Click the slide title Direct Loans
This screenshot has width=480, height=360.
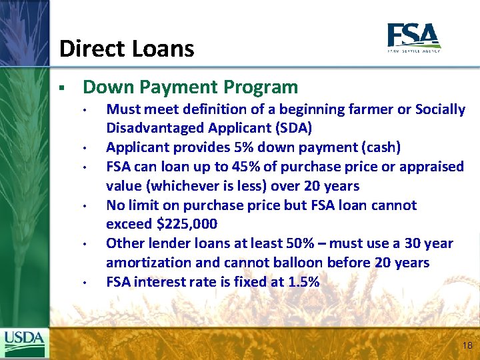(127, 49)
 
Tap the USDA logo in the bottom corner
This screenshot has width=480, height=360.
(25, 343)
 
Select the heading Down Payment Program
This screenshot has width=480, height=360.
(190, 87)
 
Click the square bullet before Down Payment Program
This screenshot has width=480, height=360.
(61, 88)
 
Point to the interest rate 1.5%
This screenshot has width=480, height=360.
(303, 283)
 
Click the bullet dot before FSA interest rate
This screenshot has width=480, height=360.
(86, 283)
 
